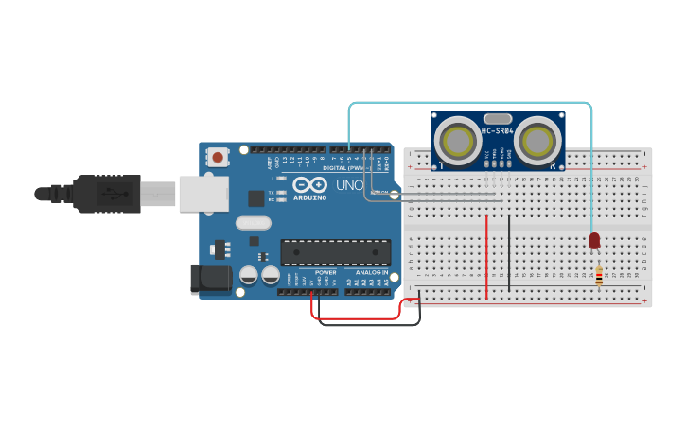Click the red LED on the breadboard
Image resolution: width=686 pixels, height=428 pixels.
coord(594,241)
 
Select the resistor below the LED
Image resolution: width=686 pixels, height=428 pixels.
coord(599,276)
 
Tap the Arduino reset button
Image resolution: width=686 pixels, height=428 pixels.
coord(219,158)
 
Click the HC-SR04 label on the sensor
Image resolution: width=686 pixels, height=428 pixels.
coord(498,131)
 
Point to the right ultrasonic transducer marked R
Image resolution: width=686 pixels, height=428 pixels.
coord(536,142)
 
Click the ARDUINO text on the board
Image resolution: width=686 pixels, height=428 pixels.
coord(309,197)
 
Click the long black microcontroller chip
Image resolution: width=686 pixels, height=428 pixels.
coord(335,252)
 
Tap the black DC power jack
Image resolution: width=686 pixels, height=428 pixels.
coord(210,280)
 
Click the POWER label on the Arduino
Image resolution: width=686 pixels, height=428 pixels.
coord(325,272)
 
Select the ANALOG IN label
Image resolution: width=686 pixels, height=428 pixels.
coord(372,272)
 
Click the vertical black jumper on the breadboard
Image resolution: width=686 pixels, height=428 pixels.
coord(509,252)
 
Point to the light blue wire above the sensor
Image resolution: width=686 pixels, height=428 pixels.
coord(473,103)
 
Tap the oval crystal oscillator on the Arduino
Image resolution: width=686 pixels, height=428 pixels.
coord(254,224)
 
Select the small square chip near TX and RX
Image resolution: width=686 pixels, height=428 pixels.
coord(256,198)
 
